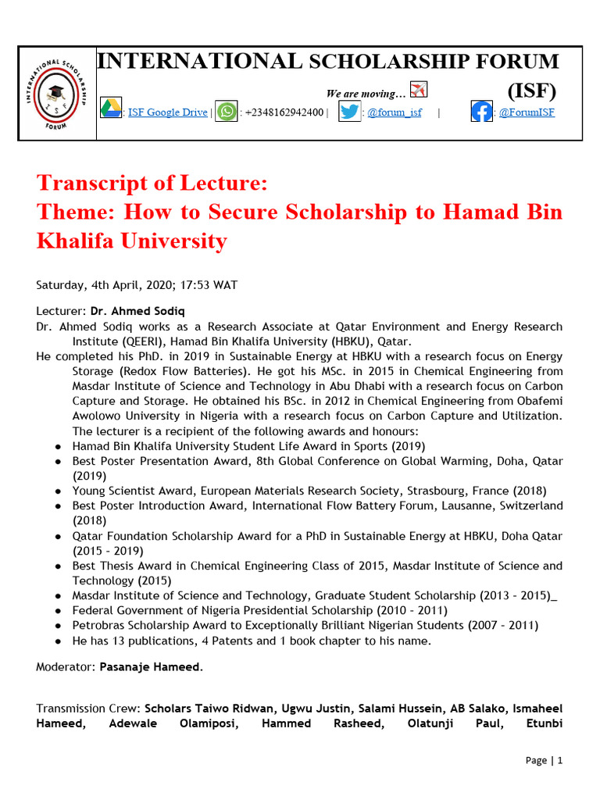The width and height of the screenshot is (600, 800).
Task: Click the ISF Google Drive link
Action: [x=167, y=112]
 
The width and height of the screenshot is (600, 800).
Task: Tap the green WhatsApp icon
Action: [x=226, y=112]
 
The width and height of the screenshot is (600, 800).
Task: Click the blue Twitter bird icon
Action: [x=350, y=112]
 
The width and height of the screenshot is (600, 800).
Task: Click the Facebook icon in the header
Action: [x=481, y=112]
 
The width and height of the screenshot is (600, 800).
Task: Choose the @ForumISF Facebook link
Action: [x=527, y=112]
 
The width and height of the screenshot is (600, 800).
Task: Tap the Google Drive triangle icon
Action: [x=110, y=110]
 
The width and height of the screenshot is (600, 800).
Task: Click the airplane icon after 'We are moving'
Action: [x=419, y=90]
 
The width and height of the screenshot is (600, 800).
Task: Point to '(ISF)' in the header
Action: [x=532, y=91]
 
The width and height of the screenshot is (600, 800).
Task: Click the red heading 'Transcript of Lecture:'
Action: [x=152, y=184]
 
